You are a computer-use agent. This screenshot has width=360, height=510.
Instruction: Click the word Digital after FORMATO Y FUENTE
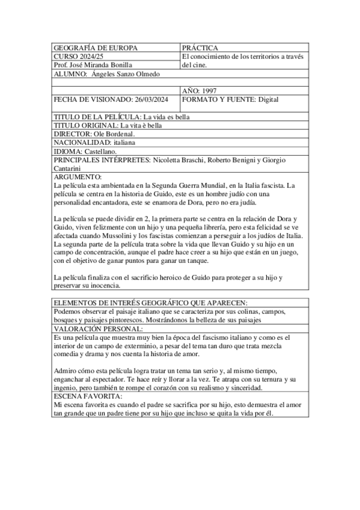click(x=264, y=99)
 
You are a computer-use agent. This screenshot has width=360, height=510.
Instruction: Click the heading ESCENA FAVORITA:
click(x=88, y=398)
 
